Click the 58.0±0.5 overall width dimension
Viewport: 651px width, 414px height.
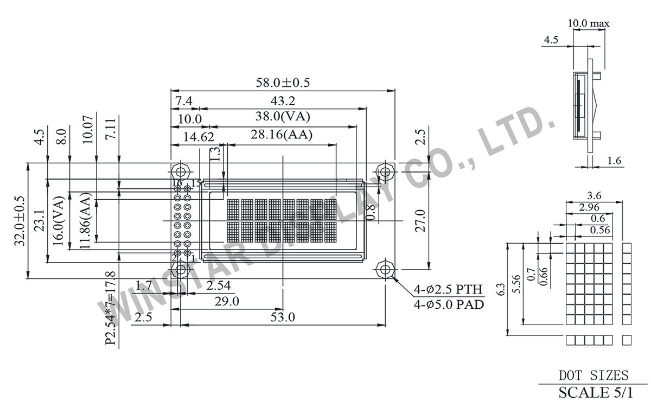(283, 82)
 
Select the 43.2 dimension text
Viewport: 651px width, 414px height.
(284, 101)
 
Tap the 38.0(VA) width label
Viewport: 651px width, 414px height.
(284, 117)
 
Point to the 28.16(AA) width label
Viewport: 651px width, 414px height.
(282, 136)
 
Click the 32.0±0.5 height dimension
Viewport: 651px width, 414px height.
(20, 221)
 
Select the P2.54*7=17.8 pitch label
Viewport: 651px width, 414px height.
(111, 308)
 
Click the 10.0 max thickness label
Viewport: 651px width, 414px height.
(588, 23)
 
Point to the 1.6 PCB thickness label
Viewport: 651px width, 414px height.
(614, 161)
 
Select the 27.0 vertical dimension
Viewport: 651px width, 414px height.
(422, 221)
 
